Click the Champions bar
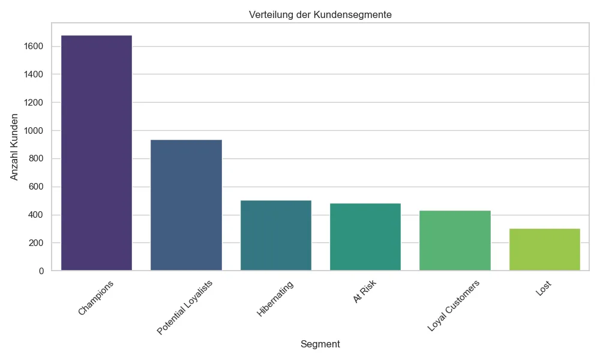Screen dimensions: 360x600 click(97, 153)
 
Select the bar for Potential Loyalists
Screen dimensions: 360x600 click(186, 205)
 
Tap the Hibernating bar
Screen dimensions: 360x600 click(275, 235)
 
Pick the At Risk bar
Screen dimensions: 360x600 click(365, 237)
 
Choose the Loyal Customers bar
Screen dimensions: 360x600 click(455, 241)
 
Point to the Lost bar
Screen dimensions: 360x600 click(544, 250)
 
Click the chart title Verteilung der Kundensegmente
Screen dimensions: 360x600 click(320, 15)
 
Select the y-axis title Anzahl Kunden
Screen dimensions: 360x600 click(16, 146)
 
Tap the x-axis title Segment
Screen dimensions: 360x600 click(320, 344)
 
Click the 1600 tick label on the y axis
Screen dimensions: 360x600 click(34, 46)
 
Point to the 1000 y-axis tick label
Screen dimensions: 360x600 click(34, 131)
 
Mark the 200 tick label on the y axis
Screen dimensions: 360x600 click(36, 243)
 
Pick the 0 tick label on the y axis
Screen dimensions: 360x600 click(41, 271)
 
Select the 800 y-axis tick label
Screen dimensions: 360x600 click(36, 159)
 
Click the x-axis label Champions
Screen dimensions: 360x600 click(96, 298)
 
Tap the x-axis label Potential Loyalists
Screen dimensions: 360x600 click(184, 307)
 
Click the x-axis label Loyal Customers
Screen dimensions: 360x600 click(454, 305)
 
